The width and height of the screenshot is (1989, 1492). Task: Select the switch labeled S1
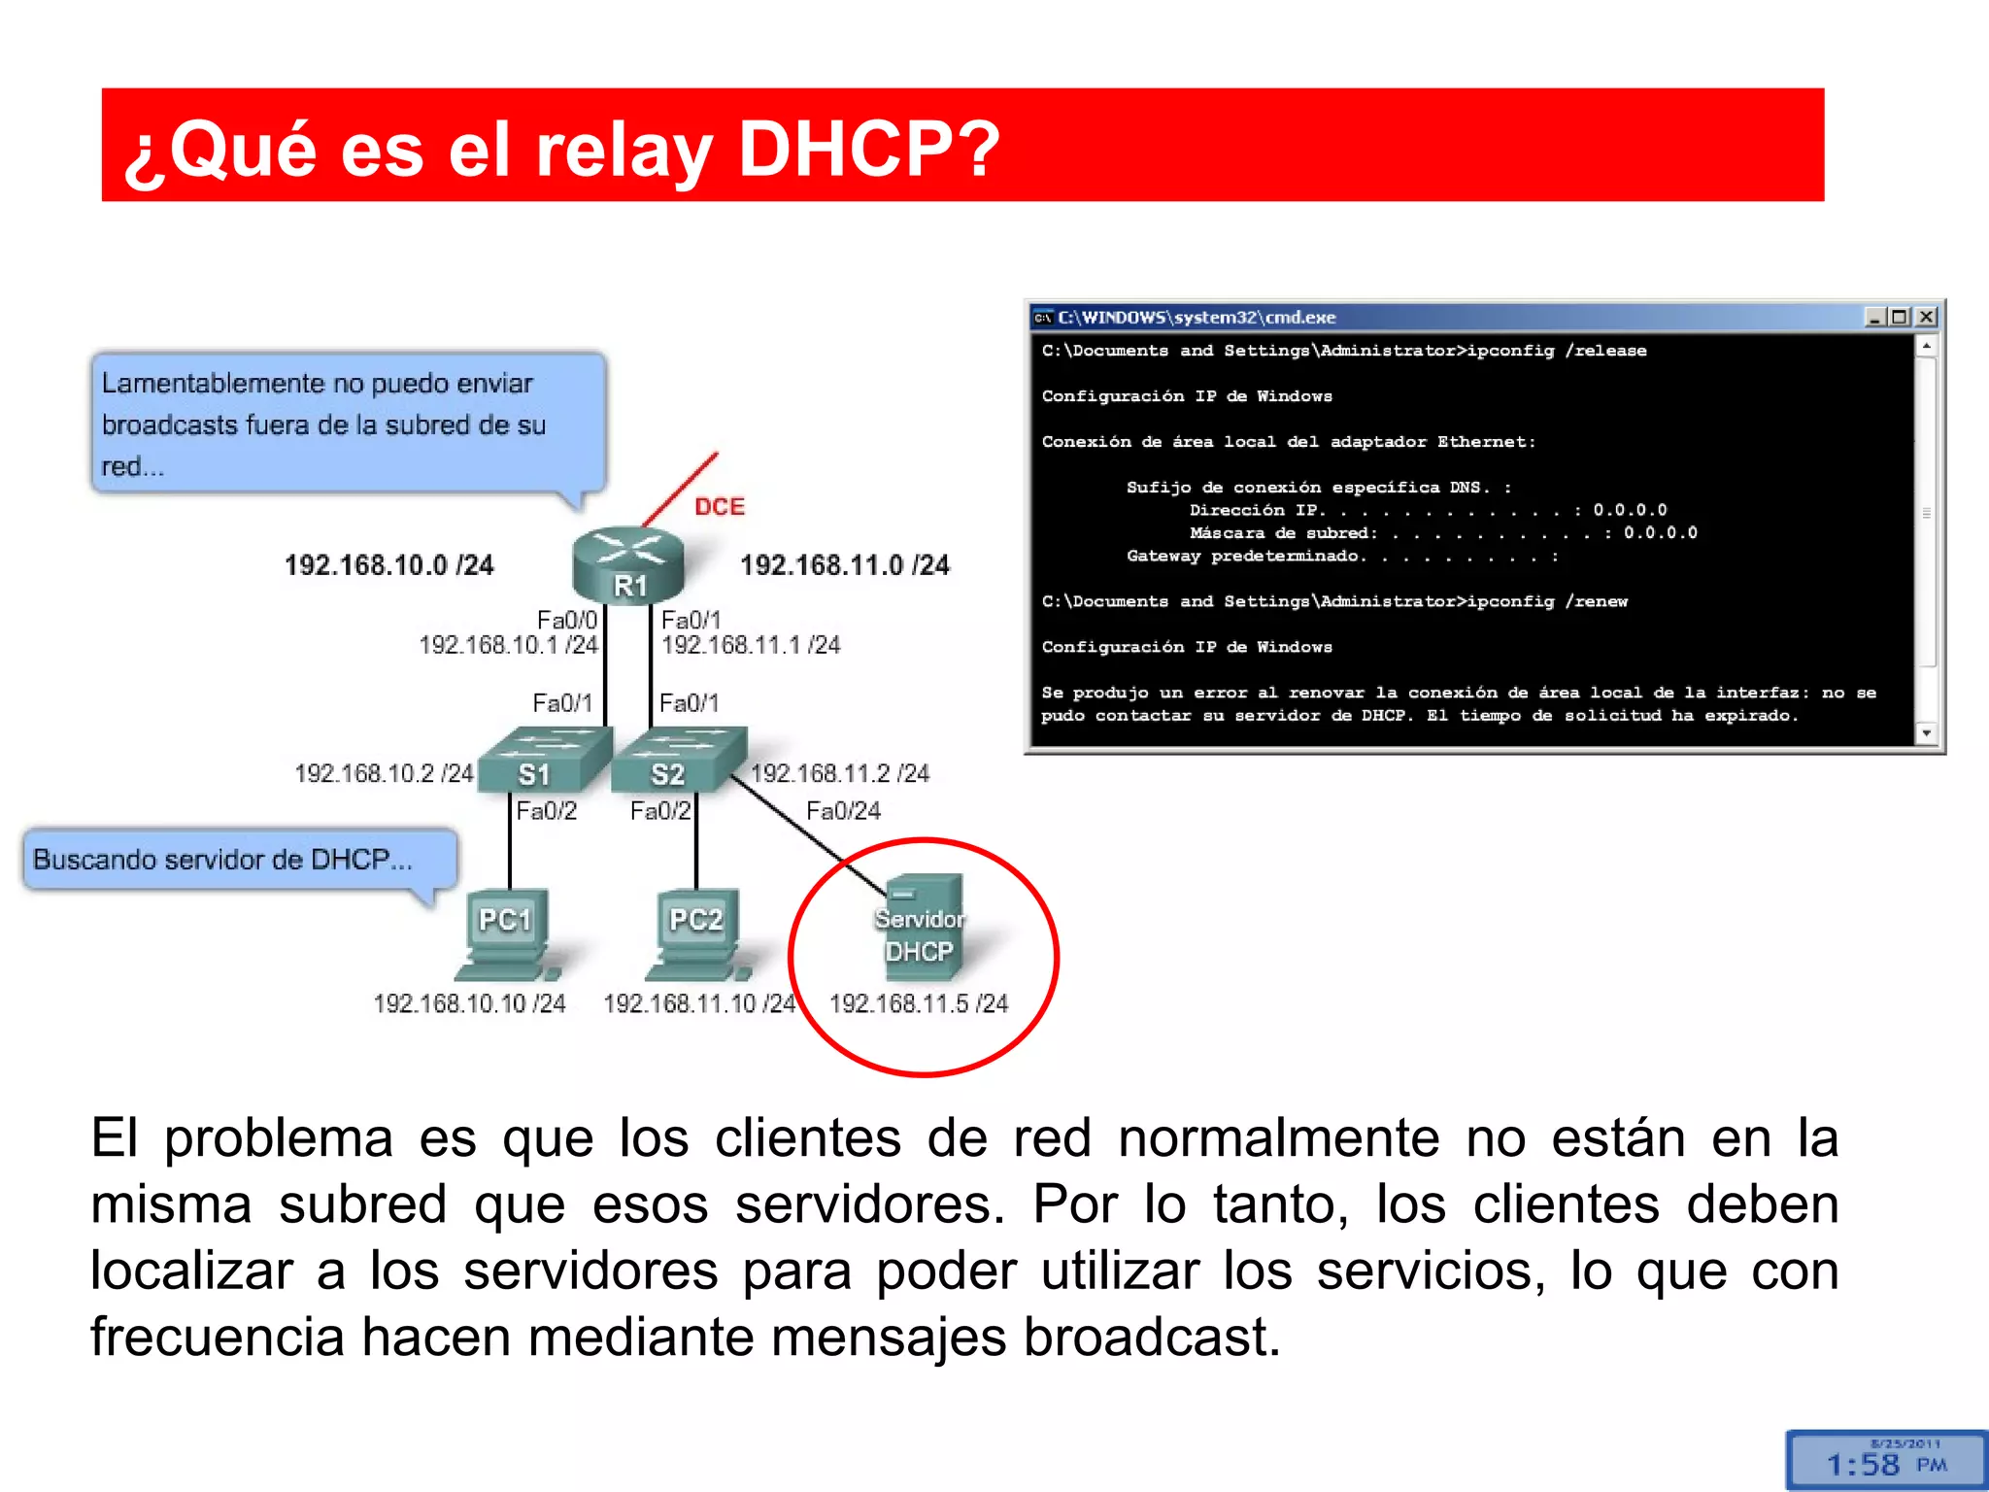coord(545,759)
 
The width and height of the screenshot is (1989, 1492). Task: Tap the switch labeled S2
coord(679,759)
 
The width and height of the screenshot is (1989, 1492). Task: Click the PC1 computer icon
coord(506,933)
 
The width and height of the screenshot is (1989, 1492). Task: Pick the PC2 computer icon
coord(696,933)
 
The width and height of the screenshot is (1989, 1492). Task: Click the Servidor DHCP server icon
coord(924,928)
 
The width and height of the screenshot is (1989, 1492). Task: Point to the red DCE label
coord(720,506)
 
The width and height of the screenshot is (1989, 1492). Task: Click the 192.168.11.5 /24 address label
coord(919,1003)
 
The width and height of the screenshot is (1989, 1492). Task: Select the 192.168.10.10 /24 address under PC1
coord(469,1003)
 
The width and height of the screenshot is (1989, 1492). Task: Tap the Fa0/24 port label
coord(843,811)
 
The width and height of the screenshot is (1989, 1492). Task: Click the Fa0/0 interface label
coord(566,620)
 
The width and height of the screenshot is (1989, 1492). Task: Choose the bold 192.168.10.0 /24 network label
coord(388,565)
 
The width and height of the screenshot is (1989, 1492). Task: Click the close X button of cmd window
coord(1927,317)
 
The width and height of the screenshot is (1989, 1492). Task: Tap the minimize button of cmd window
coord(1875,317)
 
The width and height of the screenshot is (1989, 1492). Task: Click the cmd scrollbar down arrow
coord(1927,733)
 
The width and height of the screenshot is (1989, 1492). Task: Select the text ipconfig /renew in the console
coord(1547,601)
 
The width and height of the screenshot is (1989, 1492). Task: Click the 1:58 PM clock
coord(1885,1463)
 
